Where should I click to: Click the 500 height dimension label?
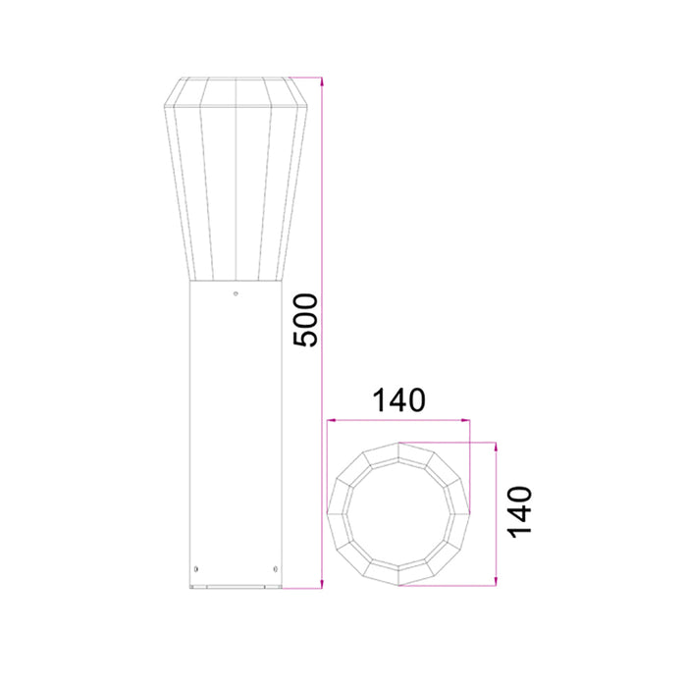tap(306, 319)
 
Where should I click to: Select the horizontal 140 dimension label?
tap(397, 400)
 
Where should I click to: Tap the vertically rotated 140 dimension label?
tap(519, 510)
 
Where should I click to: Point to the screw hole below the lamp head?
tap(236, 292)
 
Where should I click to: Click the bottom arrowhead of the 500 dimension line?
tap(322, 587)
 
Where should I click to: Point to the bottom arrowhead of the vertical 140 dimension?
tap(497, 585)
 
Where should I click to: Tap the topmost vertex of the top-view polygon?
tap(398, 444)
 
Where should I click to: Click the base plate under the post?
tap(236, 589)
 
